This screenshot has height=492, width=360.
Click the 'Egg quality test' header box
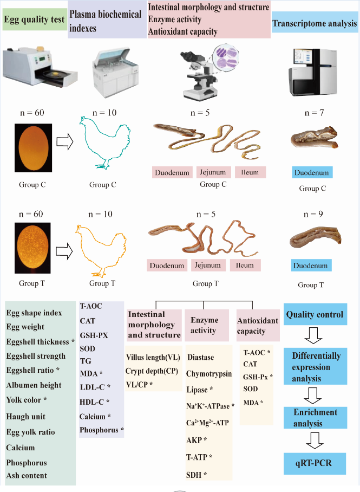[x=34, y=21]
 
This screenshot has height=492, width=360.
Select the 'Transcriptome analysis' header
[x=315, y=24]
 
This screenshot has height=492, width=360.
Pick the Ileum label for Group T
[x=245, y=266]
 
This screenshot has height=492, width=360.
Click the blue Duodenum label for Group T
[x=311, y=266]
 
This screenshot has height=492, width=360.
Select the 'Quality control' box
[x=315, y=314]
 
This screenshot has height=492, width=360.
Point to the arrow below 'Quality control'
[x=314, y=339]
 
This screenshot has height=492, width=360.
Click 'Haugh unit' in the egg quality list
[x=26, y=417]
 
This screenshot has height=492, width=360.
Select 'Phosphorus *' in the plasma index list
[x=102, y=430]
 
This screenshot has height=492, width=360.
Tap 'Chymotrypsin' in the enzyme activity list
[x=209, y=374]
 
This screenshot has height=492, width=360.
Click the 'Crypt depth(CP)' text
[x=149, y=371]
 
